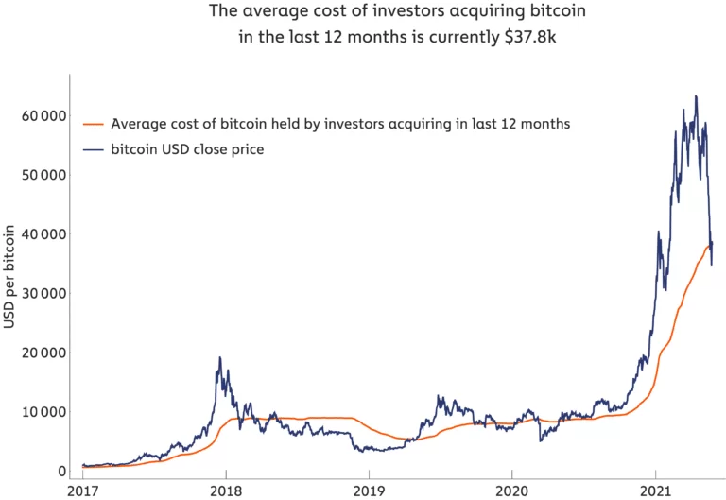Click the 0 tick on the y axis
(61, 471)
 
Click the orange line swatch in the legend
(93, 124)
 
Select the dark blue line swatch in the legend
(93, 149)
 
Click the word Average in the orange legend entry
(137, 124)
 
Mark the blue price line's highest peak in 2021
(696, 95)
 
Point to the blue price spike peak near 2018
(220, 357)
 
